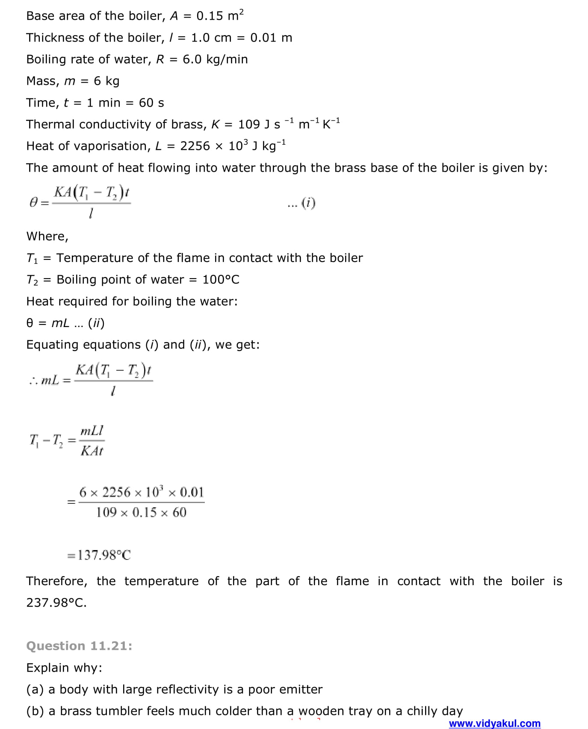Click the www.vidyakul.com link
(494, 723)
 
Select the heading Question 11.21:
(79, 646)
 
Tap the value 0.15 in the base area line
(210, 16)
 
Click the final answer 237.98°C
(56, 603)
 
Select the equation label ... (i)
(301, 203)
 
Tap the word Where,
(47, 236)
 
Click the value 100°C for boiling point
(221, 280)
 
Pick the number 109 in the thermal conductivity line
(249, 124)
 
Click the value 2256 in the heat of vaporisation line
(195, 146)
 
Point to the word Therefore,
(56, 581)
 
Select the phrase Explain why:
(64, 667)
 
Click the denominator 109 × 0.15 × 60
(141, 512)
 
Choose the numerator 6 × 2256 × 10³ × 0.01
(142, 492)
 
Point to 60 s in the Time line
(151, 103)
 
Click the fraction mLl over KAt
(92, 440)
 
